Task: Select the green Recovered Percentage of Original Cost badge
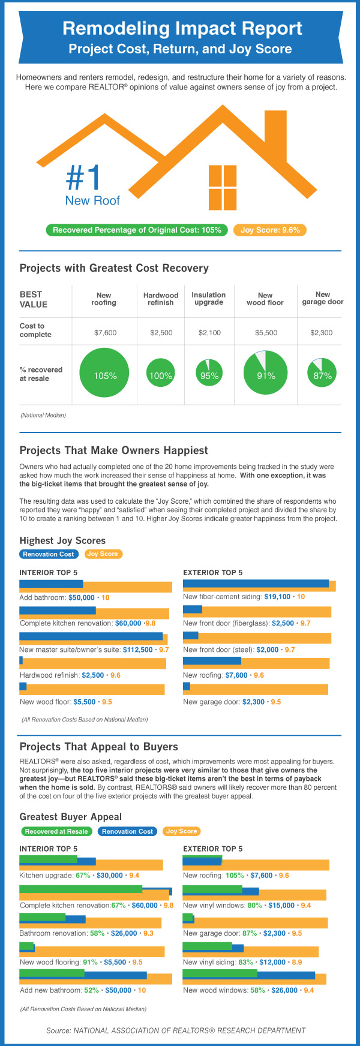(137, 230)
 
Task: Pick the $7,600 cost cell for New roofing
(106, 332)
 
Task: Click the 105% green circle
(105, 375)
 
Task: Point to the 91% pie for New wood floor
(266, 375)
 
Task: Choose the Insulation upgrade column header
(209, 299)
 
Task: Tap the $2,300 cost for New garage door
(322, 332)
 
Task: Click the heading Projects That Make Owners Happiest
(114, 450)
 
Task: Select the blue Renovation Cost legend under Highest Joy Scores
(49, 554)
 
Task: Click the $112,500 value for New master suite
(137, 650)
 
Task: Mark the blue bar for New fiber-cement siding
(256, 583)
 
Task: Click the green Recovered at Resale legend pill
(57, 831)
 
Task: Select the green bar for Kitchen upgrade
(49, 859)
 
